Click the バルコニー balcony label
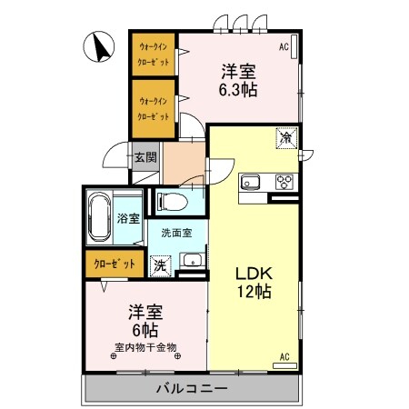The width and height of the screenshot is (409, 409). pyautogui.click(x=191, y=388)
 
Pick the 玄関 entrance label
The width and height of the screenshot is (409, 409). pyautogui.click(x=146, y=156)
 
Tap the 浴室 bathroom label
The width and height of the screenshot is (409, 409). pyautogui.click(x=128, y=218)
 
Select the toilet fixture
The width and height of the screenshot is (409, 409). pyautogui.click(x=171, y=199)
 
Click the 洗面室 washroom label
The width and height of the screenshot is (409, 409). pyautogui.click(x=176, y=233)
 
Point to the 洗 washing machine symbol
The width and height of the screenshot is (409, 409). pyautogui.click(x=159, y=265)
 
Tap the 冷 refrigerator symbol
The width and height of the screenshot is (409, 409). pyautogui.click(x=285, y=138)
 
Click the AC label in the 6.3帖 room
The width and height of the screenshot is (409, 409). pyautogui.click(x=284, y=45)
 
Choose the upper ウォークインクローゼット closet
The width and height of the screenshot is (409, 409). pyautogui.click(x=153, y=54)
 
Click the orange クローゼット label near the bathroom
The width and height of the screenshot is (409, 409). pyautogui.click(x=115, y=264)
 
